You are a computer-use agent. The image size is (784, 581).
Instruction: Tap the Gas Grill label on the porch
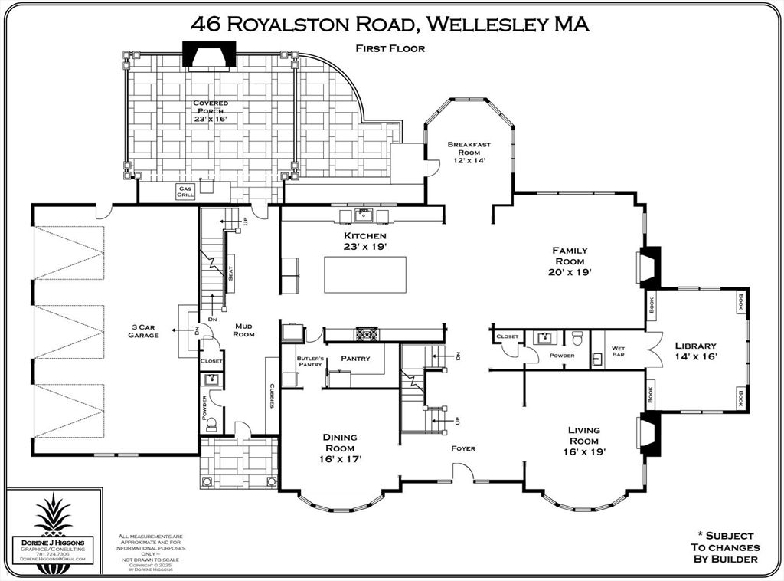coord(185,192)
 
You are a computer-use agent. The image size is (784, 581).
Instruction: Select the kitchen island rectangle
coord(364,274)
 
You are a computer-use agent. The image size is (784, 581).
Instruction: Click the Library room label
coord(695,346)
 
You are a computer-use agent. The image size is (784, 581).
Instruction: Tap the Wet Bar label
coord(618,352)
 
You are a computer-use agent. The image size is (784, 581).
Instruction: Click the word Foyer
coord(462,448)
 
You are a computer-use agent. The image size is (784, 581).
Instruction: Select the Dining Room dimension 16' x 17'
coord(339,459)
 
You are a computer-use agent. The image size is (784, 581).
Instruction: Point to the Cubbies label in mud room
coord(272,395)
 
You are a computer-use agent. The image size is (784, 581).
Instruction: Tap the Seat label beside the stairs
coord(230,272)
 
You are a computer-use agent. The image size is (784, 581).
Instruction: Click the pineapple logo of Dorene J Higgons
coord(53,514)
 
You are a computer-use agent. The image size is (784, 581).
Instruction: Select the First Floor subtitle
coord(390,48)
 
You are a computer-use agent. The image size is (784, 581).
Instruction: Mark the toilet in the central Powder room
coord(577,338)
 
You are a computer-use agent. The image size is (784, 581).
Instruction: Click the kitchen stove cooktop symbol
coord(364,334)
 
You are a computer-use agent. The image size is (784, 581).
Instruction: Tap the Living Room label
coord(584,435)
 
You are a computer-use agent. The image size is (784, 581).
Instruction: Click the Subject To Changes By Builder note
coord(724,547)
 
